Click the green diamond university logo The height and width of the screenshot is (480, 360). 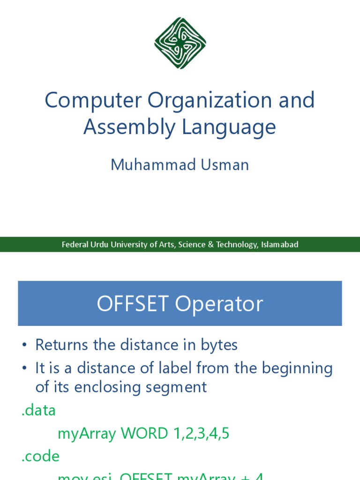click(x=180, y=43)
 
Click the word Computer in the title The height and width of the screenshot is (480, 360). click(x=92, y=101)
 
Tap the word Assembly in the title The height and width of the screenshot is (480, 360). click(x=123, y=127)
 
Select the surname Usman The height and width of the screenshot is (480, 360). click(x=224, y=165)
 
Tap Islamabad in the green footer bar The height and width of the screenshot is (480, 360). click(x=279, y=245)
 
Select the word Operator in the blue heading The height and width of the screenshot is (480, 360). click(x=219, y=304)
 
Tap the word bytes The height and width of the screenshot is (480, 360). click(x=219, y=345)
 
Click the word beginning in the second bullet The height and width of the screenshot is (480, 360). click(x=297, y=368)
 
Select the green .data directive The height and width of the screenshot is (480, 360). click(x=39, y=411)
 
